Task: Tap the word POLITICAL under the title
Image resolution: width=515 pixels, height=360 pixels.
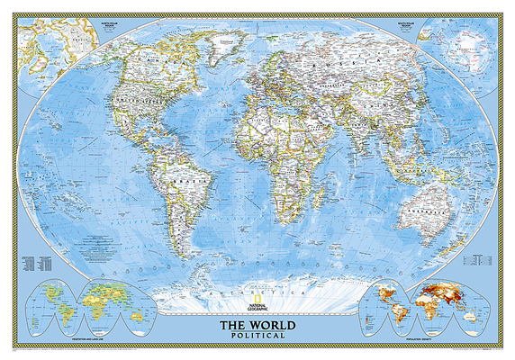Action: pos(257,334)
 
